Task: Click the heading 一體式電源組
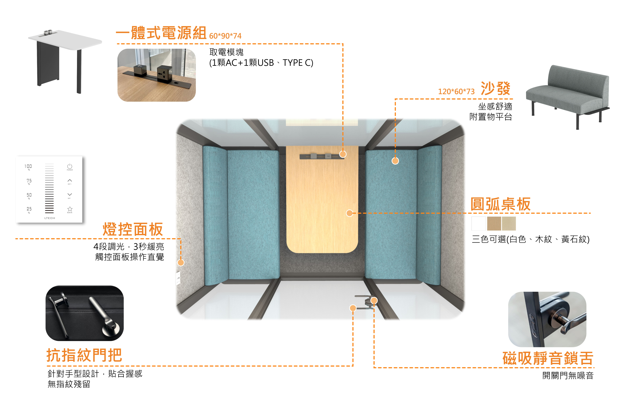pos(161,33)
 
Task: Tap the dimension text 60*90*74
pos(225,36)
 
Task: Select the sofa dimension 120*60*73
pos(456,92)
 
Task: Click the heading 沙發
pos(496,89)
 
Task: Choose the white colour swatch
pos(479,224)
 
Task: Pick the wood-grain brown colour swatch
pos(494,224)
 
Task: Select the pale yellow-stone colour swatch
pos(509,224)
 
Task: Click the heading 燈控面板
pos(133,229)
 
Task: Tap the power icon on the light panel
pos(70,166)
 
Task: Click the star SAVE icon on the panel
pos(70,209)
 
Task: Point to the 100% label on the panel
pos(28,166)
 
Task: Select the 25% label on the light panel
pos(29,209)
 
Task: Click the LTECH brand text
pos(50,218)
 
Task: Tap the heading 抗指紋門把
pos(84,355)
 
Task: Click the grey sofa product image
pos(567,97)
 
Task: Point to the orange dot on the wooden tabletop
pos(349,213)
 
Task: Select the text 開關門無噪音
pos(568,375)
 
